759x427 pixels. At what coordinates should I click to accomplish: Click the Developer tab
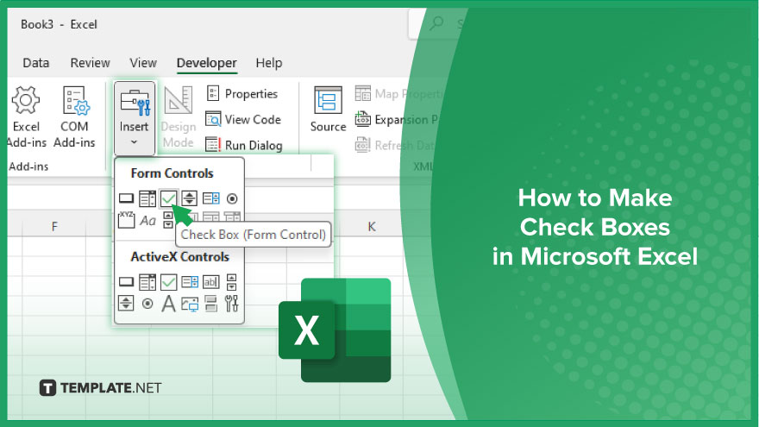pyautogui.click(x=206, y=63)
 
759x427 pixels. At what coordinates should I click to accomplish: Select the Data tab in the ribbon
pyautogui.click(x=35, y=63)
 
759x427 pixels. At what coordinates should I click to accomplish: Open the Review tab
pyautogui.click(x=90, y=63)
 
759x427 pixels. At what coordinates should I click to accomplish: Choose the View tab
pyautogui.click(x=142, y=63)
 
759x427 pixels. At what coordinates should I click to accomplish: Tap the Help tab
pyautogui.click(x=268, y=63)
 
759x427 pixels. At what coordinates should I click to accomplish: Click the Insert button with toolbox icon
pyautogui.click(x=134, y=117)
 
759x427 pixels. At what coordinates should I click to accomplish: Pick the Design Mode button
pyautogui.click(x=179, y=117)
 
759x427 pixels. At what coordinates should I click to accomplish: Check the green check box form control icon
pyautogui.click(x=169, y=198)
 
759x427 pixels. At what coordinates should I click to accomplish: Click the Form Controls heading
pyautogui.click(x=172, y=173)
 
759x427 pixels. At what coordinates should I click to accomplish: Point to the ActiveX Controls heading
pyautogui.click(x=179, y=256)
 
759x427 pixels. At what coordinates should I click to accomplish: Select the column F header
pyautogui.click(x=54, y=227)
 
